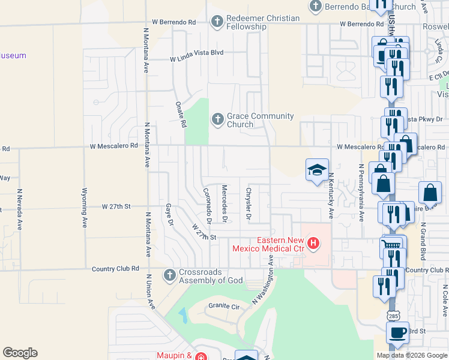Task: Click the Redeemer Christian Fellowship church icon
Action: coord(217,22)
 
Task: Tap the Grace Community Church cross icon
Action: coord(217,120)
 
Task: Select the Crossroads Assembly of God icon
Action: coord(170,275)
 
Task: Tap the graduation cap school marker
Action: coord(317,169)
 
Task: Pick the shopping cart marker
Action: coord(391,245)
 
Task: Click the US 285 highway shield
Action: coord(393,316)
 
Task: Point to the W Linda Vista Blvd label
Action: coord(196,53)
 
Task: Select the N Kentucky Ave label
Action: coord(331,196)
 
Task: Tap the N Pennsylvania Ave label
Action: coord(361,193)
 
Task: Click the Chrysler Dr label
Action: coord(248,204)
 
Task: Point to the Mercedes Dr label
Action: coord(224,203)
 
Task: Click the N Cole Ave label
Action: coord(444,300)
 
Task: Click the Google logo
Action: coord(20,353)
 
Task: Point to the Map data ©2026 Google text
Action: coord(411,355)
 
